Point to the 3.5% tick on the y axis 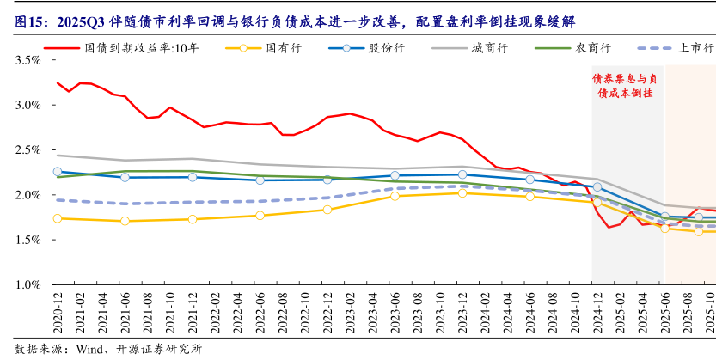pyautogui.click(x=28, y=61)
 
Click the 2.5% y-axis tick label pyautogui.click(x=28, y=150)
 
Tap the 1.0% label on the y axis pyautogui.click(x=28, y=284)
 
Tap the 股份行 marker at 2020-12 pyautogui.click(x=58, y=172)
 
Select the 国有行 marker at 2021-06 pyautogui.click(x=125, y=221)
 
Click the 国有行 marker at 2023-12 pyautogui.click(x=462, y=193)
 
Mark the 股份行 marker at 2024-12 pyautogui.click(x=597, y=186)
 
